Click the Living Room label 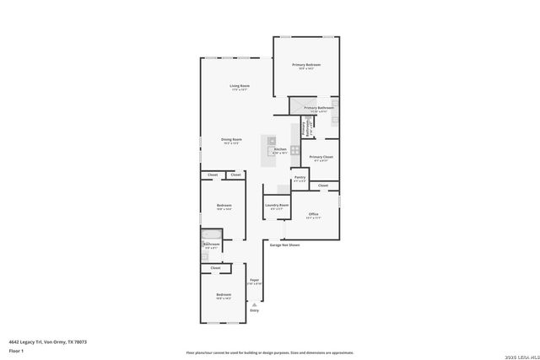pyautogui.click(x=240, y=86)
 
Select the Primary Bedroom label pyautogui.click(x=306, y=65)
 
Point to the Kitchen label pyautogui.click(x=280, y=149)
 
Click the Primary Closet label pyautogui.click(x=321, y=157)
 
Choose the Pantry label pyautogui.click(x=300, y=177)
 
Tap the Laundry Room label pyautogui.click(x=277, y=205)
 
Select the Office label pyautogui.click(x=313, y=214)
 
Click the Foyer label pyautogui.click(x=254, y=279)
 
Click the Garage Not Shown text pyautogui.click(x=284, y=245)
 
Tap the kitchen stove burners pyautogui.click(x=295, y=150)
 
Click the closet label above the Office pyautogui.click(x=323, y=185)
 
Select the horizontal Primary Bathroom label pyautogui.click(x=319, y=108)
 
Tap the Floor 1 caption pyautogui.click(x=16, y=350)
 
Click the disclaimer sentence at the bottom pyautogui.click(x=270, y=352)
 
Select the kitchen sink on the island pyautogui.click(x=273, y=141)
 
